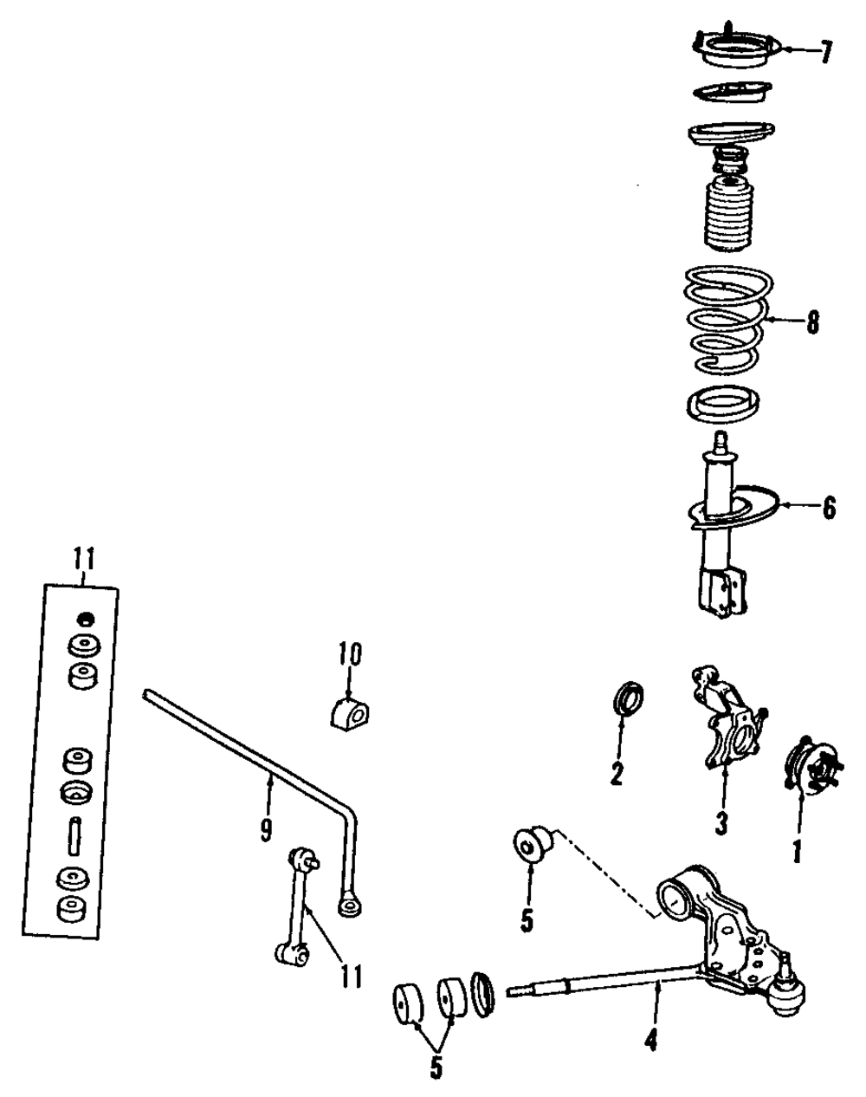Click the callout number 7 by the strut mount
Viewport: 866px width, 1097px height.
(x=826, y=53)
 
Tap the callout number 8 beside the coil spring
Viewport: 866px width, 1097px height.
(x=811, y=323)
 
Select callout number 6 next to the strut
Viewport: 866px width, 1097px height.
(x=829, y=508)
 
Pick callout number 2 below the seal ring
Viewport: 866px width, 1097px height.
(x=616, y=772)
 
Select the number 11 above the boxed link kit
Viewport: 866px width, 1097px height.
(x=84, y=560)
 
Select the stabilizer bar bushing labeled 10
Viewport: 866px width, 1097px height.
(x=348, y=710)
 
